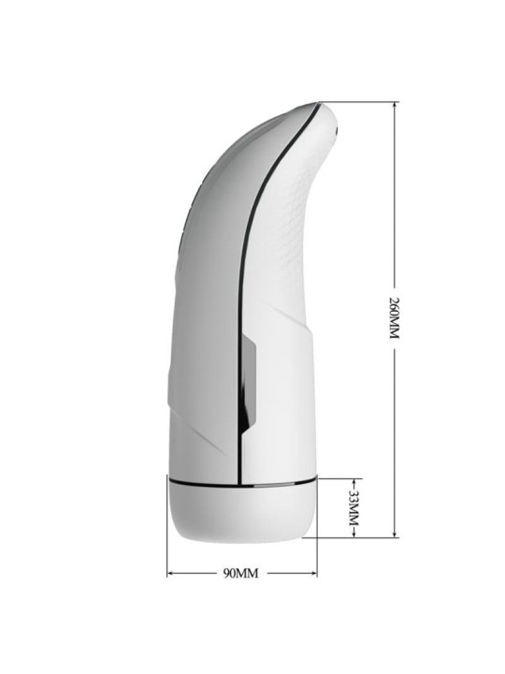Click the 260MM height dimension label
tap(394, 317)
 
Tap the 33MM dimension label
tap(353, 508)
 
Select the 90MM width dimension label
tap(241, 573)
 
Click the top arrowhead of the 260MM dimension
tap(395, 106)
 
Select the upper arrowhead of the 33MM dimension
tap(353, 482)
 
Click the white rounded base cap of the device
tap(242, 514)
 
